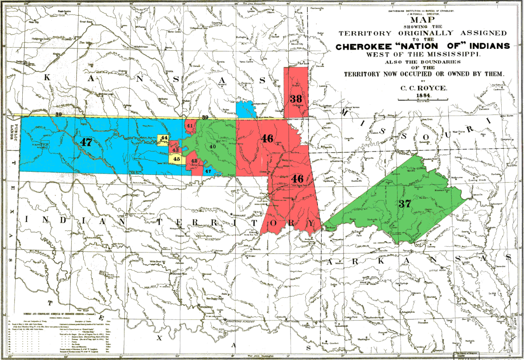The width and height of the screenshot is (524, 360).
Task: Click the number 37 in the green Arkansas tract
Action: (x=405, y=203)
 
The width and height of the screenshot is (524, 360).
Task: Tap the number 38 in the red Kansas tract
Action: (x=296, y=99)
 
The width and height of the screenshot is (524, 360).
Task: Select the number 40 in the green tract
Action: (x=213, y=147)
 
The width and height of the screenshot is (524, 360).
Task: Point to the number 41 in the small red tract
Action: (x=190, y=126)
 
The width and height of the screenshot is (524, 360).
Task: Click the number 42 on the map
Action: (x=194, y=161)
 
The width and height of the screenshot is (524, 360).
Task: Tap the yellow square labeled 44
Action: (x=164, y=138)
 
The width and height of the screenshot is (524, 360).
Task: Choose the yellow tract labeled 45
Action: (x=177, y=159)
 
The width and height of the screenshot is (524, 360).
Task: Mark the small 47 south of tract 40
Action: (x=208, y=171)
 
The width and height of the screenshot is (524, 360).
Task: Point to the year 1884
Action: (x=422, y=95)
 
